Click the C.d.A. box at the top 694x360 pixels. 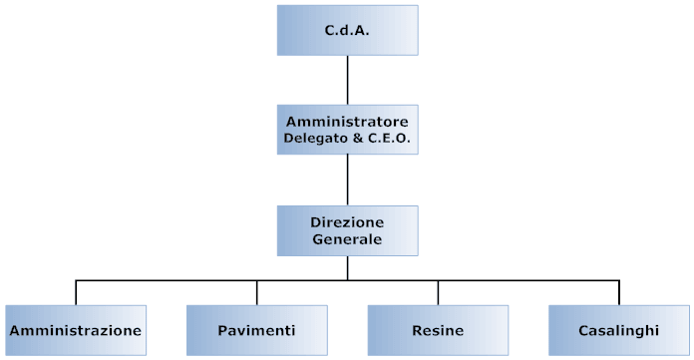click(347, 30)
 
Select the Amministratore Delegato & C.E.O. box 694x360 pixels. click(347, 130)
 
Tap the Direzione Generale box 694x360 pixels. click(347, 229)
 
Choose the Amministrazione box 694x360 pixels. click(76, 329)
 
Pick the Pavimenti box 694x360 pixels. click(256, 329)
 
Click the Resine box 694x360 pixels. click(438, 329)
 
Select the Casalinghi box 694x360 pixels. click(618, 329)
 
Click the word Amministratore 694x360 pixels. click(347, 121)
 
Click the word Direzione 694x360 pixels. click(347, 220)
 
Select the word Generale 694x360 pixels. click(347, 239)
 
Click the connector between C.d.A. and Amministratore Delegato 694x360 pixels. click(347, 80)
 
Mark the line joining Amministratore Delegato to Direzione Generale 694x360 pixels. click(347, 180)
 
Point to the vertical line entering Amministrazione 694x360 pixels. click(76, 292)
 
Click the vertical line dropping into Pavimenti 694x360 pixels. click(256, 292)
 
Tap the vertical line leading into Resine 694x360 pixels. click(438, 292)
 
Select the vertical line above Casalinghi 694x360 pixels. click(618, 292)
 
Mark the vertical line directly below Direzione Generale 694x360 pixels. click(347, 267)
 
